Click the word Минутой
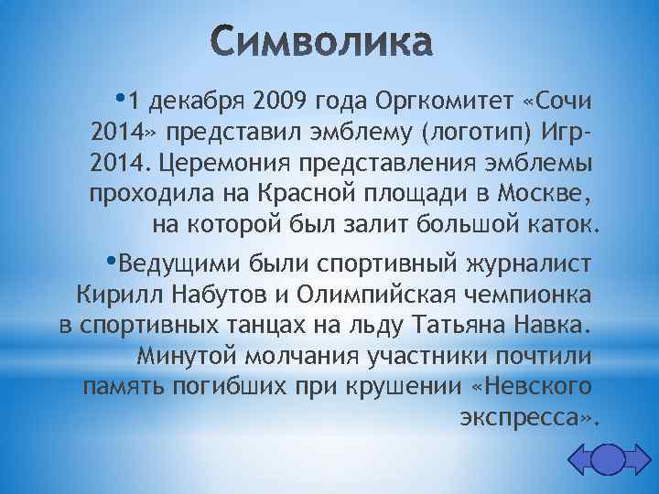click(x=183, y=356)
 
